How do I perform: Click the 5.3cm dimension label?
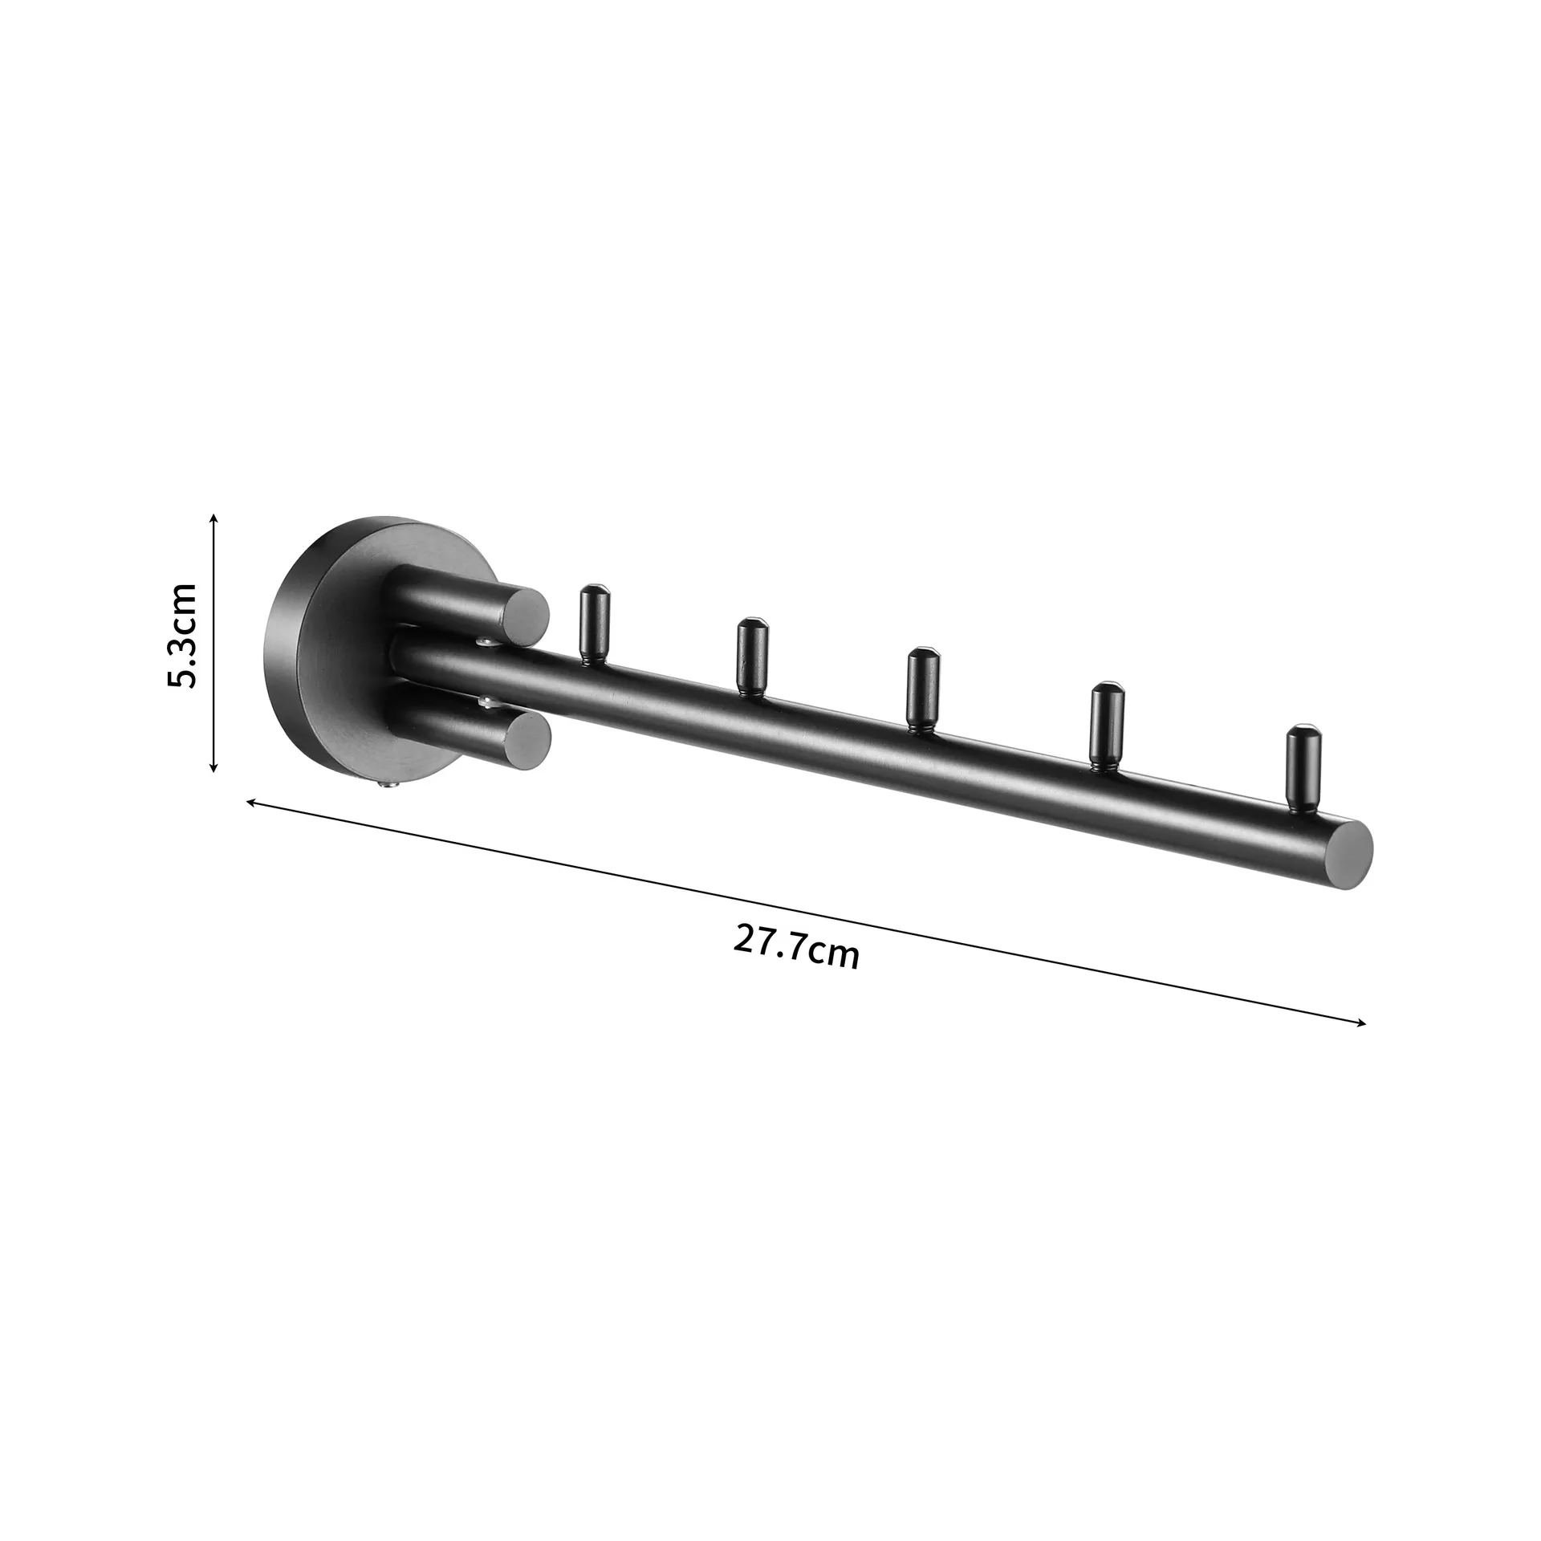coord(181,636)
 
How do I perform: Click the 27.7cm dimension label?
coord(796,947)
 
